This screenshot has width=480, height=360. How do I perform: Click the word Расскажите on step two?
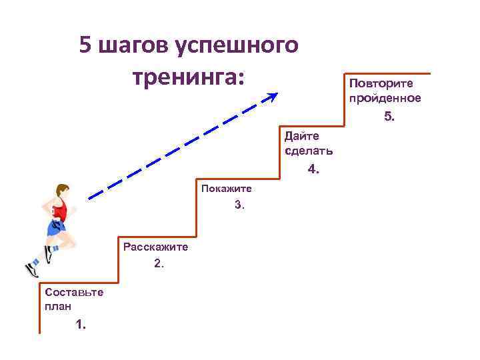tap(155, 247)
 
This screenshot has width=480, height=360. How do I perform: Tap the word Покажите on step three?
tap(226, 189)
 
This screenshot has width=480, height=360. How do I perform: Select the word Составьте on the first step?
tap(73, 292)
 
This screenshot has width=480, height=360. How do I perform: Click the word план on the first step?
tap(57, 306)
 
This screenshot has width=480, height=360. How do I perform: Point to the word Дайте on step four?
tap(301, 136)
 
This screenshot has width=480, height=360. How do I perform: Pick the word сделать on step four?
tap(309, 151)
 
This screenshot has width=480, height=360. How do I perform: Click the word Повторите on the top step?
tap(381, 84)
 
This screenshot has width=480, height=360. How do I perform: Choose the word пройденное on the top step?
tap(385, 99)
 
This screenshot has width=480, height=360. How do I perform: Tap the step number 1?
tap(81, 325)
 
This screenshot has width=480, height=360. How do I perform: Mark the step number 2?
tap(158, 263)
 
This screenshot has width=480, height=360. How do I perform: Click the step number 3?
tap(239, 205)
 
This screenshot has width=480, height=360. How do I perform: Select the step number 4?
tap(313, 169)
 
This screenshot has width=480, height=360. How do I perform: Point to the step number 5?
tap(389, 117)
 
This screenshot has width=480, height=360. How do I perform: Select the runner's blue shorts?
tap(56, 229)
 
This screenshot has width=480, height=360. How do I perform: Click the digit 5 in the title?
tap(86, 46)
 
